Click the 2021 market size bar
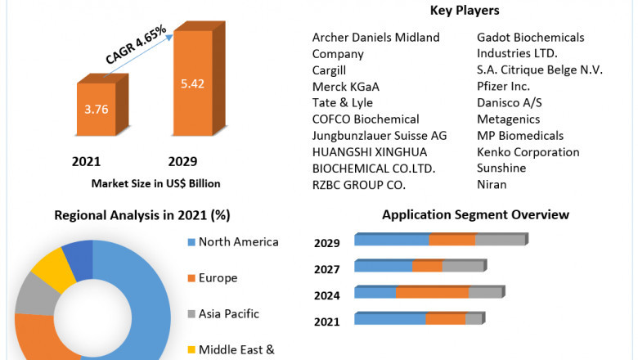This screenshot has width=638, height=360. tap(97, 110)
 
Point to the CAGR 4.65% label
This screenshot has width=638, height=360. tap(136, 45)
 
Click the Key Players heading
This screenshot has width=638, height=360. tap(465, 11)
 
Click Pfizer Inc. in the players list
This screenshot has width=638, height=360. tap(503, 86)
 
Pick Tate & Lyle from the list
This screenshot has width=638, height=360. tap(342, 102)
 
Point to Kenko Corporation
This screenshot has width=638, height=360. tap(528, 151)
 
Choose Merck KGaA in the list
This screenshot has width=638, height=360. tap(345, 86)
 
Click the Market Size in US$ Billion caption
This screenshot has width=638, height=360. tap(155, 183)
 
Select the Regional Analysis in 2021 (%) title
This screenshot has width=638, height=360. tap(142, 215)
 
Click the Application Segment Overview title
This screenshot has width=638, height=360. tap(475, 214)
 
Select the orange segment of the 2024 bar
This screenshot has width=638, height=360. tap(432, 292)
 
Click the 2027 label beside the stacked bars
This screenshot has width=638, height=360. tap(327, 269)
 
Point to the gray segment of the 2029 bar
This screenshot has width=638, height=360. tap(499, 240)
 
